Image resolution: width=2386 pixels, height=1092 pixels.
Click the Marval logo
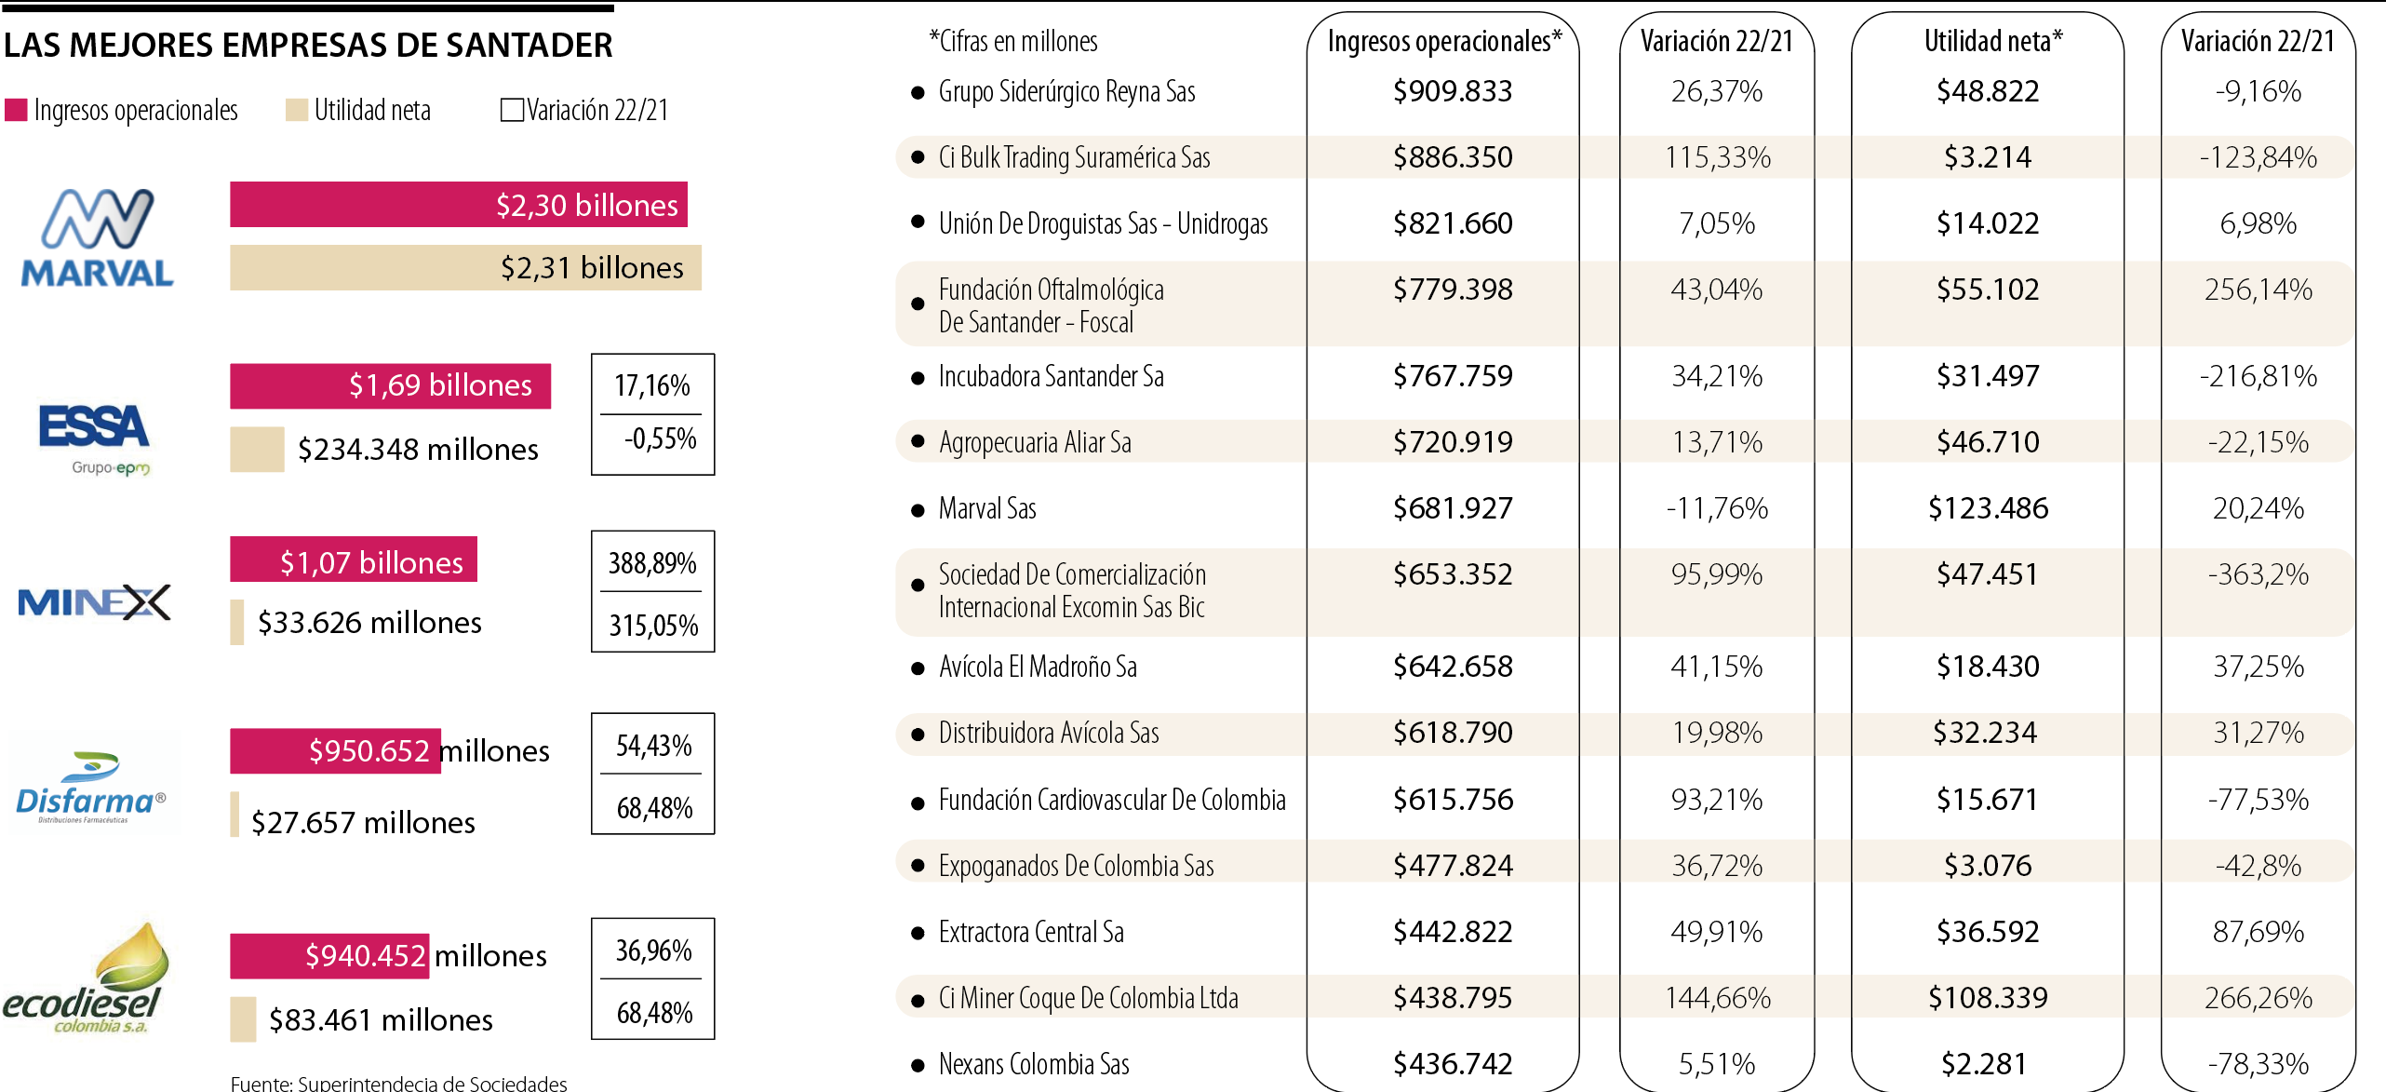tap(98, 238)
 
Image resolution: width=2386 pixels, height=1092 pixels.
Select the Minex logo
tap(94, 602)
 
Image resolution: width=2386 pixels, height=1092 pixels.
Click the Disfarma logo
tap(90, 789)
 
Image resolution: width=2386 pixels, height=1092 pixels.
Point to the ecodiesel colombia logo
tap(87, 980)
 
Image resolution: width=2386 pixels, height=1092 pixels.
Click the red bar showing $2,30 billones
tap(458, 205)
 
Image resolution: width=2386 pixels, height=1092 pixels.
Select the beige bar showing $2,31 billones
tap(465, 268)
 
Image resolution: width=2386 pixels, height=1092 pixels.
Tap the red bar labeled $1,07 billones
tap(354, 560)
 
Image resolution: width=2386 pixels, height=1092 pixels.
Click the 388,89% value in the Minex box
tap(652, 563)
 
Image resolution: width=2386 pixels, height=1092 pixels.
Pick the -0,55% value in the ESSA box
tap(659, 438)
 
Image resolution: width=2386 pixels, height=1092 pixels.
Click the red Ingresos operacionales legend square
tap(16, 110)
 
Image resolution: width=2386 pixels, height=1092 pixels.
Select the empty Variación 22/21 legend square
tap(511, 110)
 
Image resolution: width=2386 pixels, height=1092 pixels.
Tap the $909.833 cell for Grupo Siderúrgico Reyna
tap(1452, 91)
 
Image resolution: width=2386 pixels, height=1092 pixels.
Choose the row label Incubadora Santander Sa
tap(1051, 376)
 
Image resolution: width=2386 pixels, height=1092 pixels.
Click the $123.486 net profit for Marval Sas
tap(1988, 508)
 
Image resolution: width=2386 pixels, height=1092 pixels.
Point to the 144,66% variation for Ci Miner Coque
tap(1717, 998)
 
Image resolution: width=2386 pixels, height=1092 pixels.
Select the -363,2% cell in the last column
tap(2258, 574)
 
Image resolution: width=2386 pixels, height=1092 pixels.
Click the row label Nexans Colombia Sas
tap(1033, 1064)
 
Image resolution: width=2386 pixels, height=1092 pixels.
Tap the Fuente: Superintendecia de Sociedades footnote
tap(398, 1083)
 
